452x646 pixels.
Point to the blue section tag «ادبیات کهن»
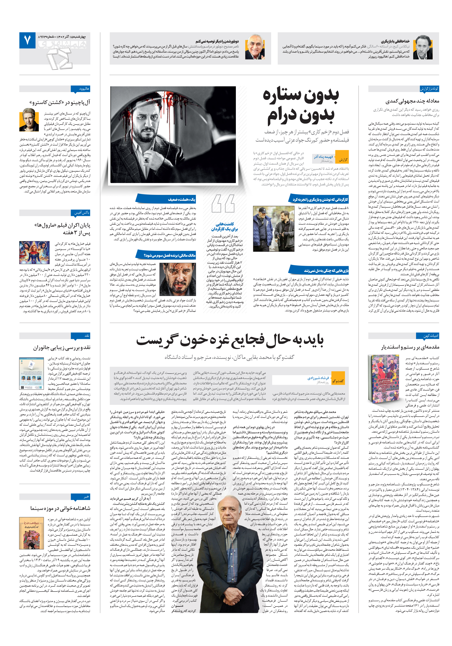click(x=431, y=336)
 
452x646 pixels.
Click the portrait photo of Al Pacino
click(x=29, y=120)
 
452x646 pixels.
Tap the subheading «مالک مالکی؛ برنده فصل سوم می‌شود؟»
click(x=170, y=255)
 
